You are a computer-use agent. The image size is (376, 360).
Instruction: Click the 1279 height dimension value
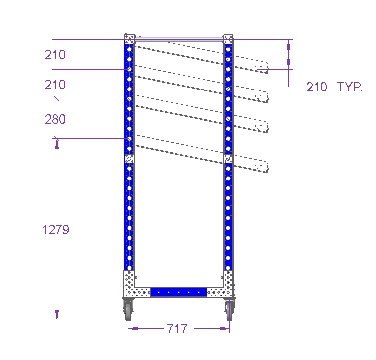point(56,230)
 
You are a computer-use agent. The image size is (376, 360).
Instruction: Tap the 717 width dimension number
point(177,329)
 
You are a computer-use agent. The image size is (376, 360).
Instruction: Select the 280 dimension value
point(55,119)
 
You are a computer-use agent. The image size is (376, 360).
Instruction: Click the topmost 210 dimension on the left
point(55,55)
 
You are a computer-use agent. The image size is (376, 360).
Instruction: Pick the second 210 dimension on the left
point(55,85)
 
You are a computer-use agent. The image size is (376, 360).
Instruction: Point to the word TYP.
point(349,87)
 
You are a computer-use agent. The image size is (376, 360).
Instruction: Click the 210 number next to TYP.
point(317,87)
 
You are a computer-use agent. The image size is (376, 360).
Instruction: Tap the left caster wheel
point(128,310)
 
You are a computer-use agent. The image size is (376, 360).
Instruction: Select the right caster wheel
point(229,310)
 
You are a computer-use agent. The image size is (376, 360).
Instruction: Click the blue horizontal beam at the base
point(179,292)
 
